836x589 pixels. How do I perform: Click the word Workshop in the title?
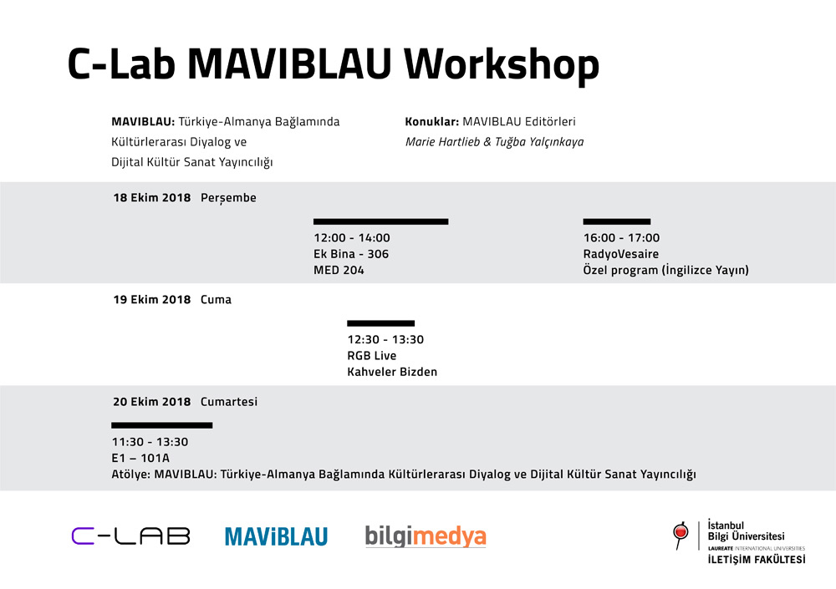(501, 65)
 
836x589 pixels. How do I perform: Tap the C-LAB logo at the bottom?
(130, 536)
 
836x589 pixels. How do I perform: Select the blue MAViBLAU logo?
(276, 536)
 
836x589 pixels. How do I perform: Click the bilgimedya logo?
(426, 536)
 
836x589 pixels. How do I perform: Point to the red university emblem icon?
(681, 535)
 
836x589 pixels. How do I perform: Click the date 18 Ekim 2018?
(152, 198)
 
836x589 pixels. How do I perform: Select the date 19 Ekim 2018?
(152, 300)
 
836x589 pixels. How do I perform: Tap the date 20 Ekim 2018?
(152, 401)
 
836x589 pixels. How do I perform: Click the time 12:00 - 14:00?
(352, 238)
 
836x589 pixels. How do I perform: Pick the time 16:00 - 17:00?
(622, 238)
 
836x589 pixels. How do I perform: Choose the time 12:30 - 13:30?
(385, 339)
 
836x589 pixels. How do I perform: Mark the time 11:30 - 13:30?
(150, 442)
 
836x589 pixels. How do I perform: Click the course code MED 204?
(339, 270)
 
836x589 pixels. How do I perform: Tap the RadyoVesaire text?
(621, 254)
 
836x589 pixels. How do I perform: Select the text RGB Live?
(372, 356)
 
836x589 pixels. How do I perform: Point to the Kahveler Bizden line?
(392, 372)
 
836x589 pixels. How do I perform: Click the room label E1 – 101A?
(140, 458)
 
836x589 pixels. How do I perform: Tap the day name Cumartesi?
(229, 401)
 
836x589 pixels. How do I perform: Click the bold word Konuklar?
(432, 121)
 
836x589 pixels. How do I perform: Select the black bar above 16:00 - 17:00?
(617, 221)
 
